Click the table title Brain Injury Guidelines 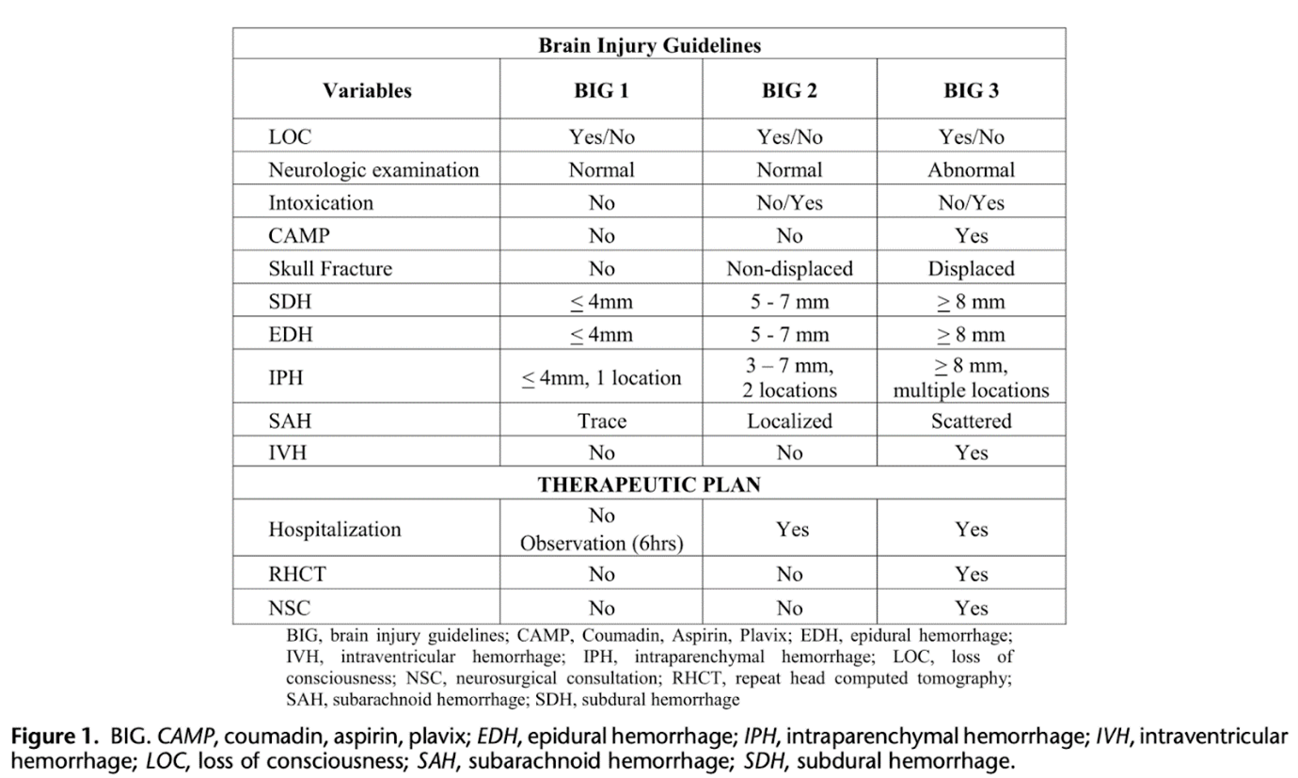tap(649, 45)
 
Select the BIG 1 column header tap(601, 91)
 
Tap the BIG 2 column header tap(789, 91)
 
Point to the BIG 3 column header tap(971, 91)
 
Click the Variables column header tap(367, 91)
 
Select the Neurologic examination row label tap(373, 170)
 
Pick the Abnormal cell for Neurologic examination tap(971, 170)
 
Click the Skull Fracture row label tap(330, 269)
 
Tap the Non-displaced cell tap(789, 269)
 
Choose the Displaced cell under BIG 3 tap(971, 269)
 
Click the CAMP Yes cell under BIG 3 tap(971, 236)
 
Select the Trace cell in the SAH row tap(601, 421)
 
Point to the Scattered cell tap(971, 421)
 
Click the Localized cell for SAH tap(789, 421)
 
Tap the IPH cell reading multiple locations tap(971, 389)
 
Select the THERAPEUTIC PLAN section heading tap(649, 485)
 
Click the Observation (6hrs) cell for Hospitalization tap(601, 543)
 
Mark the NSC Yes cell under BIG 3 tap(971, 608)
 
